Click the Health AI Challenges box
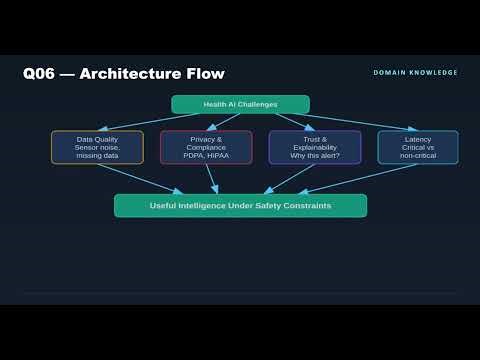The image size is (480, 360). pyautogui.click(x=240, y=104)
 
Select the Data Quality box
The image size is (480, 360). pyautogui.click(x=97, y=147)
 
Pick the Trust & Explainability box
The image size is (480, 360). pyautogui.click(x=314, y=147)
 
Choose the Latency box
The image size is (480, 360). pyautogui.click(x=418, y=147)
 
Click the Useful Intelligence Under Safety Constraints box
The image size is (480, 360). pyautogui.click(x=240, y=206)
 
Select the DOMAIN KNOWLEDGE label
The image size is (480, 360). pyautogui.click(x=415, y=72)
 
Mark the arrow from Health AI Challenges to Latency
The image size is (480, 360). pyautogui.click(x=350, y=120)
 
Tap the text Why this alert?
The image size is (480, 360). pyautogui.click(x=314, y=155)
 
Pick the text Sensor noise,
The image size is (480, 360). pyautogui.click(x=97, y=147)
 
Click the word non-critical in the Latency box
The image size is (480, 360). pyautogui.click(x=418, y=155)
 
